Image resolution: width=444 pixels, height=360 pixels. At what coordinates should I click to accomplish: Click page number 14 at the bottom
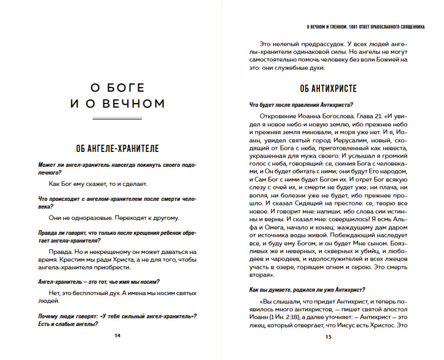pyautogui.click(x=117, y=336)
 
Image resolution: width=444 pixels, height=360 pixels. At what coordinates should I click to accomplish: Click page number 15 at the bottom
pyautogui.click(x=328, y=337)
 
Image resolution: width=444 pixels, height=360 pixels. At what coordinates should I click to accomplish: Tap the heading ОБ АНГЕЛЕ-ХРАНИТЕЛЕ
pyautogui.click(x=117, y=149)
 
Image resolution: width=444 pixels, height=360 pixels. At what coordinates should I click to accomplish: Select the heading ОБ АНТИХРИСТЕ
pyautogui.click(x=328, y=88)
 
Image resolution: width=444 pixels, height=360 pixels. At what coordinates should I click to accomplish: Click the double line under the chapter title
pyautogui.click(x=117, y=118)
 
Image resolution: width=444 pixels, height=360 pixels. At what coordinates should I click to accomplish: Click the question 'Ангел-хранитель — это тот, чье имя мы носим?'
pyautogui.click(x=98, y=281)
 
